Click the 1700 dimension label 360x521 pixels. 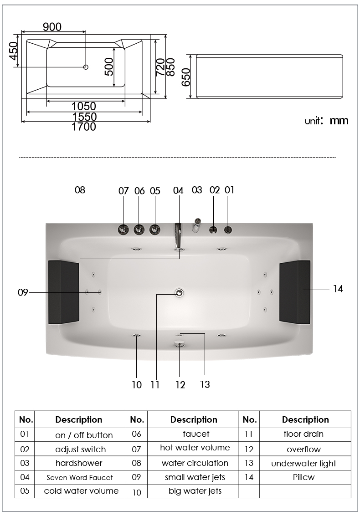click(84, 127)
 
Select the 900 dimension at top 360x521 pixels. click(52, 27)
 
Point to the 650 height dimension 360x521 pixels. click(186, 77)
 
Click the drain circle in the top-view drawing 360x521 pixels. click(86, 67)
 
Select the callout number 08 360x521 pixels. click(80, 190)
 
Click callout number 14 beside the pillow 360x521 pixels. click(338, 289)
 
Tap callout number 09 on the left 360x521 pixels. click(23, 292)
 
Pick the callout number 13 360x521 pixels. click(205, 384)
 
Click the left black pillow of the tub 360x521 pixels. click(63, 292)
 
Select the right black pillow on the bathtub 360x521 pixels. click(295, 292)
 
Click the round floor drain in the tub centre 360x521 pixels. click(180, 292)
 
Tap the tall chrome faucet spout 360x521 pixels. click(178, 235)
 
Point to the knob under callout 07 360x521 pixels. click(123, 230)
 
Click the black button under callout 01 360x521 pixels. click(228, 230)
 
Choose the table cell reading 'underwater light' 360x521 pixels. click(303, 464)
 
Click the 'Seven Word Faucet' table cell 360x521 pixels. click(80, 478)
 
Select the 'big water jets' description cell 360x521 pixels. click(195, 491)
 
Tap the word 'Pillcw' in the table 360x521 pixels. click(303, 477)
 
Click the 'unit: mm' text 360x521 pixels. click(326, 121)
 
